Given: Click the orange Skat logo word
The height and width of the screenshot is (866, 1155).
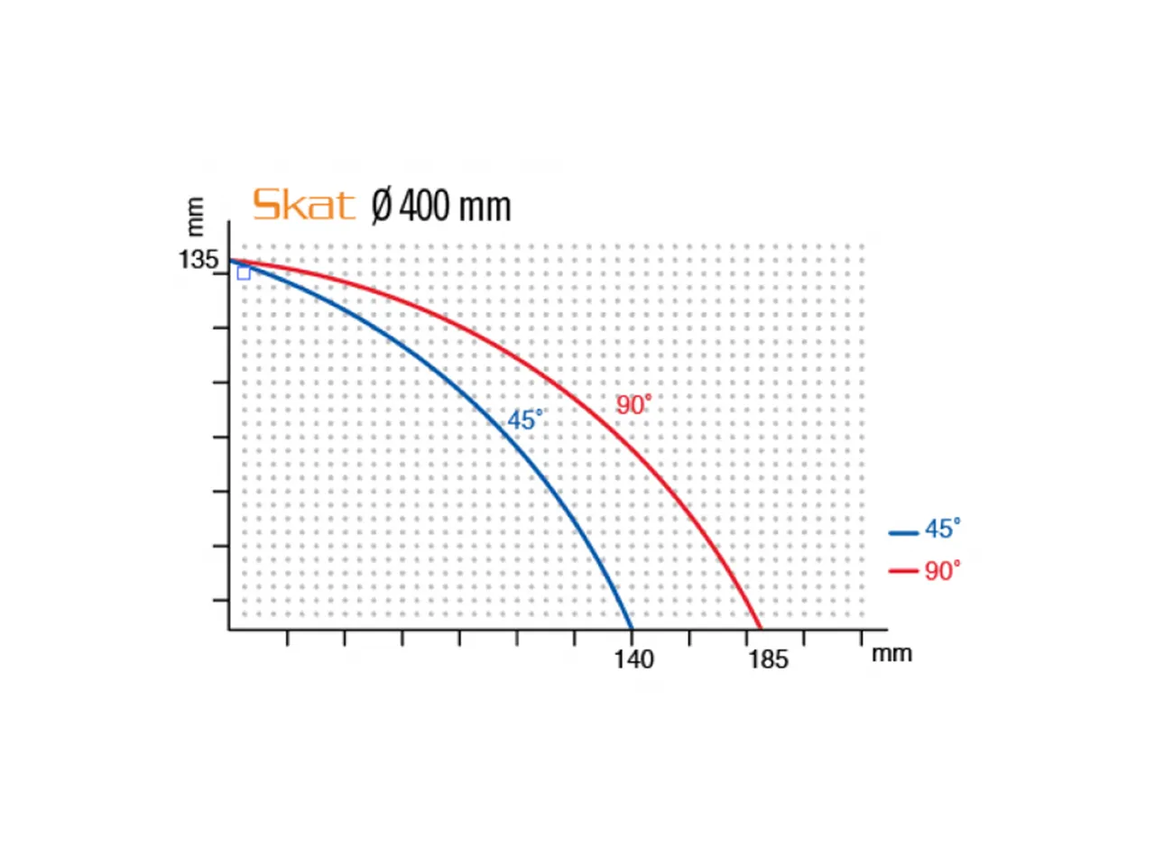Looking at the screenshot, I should [x=303, y=205].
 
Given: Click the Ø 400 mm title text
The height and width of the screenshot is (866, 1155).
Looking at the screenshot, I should [x=441, y=206].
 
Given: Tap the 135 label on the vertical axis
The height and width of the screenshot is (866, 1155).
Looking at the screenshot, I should [x=199, y=260].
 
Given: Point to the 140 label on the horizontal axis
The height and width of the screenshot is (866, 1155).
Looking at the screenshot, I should [x=633, y=659].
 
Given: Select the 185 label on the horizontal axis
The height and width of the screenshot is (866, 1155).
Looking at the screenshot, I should [x=768, y=659].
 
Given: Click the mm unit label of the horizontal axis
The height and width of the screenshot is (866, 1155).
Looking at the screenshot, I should [x=892, y=653].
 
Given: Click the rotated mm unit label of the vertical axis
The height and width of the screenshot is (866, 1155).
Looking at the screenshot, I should [x=195, y=216].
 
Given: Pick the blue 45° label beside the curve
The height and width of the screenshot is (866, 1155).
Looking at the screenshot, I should [x=525, y=419].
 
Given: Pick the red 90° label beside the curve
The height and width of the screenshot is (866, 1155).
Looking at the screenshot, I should [x=633, y=405].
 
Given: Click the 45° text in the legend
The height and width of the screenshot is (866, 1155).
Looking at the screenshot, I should [x=942, y=529].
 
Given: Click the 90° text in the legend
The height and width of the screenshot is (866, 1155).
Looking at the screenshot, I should [x=942, y=571].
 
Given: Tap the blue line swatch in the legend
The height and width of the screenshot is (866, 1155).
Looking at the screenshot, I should [x=903, y=533].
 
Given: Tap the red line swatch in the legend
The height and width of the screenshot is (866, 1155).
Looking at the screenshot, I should [x=903, y=571].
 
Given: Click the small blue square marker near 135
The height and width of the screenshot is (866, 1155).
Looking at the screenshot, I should [x=244, y=273].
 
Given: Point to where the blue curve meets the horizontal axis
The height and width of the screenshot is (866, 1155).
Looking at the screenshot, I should [x=631, y=628].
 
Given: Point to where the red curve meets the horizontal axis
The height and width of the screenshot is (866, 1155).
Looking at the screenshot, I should [x=761, y=628].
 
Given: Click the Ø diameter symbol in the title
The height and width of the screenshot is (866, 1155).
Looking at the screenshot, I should [x=382, y=206].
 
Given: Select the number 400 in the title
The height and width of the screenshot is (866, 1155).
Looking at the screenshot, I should [x=424, y=206].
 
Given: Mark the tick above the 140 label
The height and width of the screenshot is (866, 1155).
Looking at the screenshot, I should [x=632, y=637].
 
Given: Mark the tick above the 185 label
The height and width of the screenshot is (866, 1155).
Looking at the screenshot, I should [x=746, y=637].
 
